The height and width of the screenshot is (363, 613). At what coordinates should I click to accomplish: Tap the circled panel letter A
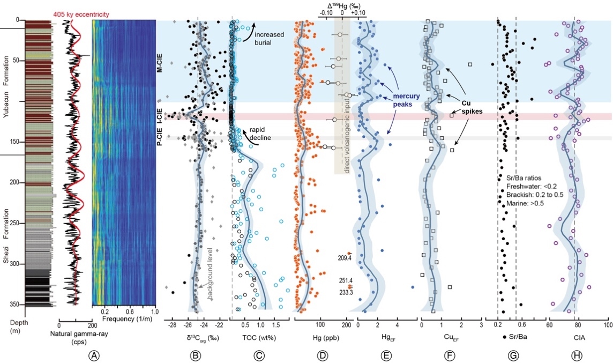point(94,355)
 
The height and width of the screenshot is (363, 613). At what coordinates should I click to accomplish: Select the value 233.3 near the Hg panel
point(345,292)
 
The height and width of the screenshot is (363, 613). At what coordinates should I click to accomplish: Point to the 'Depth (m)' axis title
point(12,324)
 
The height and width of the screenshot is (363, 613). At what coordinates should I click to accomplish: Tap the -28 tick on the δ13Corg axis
point(172,325)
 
